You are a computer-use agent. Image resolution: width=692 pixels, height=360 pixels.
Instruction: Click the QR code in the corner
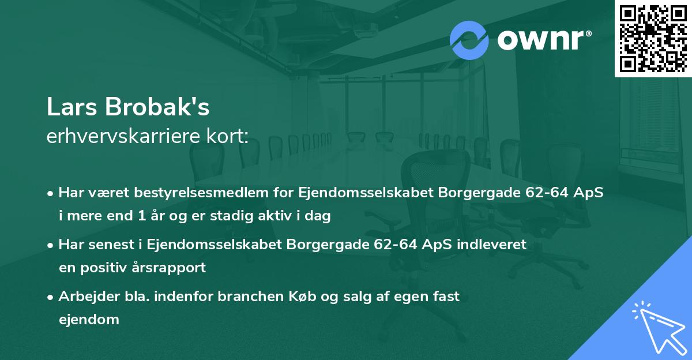click(x=653, y=39)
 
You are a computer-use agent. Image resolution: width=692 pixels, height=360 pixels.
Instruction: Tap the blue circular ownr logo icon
click(x=469, y=40)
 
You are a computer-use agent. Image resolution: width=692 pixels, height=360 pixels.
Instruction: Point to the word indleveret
click(x=492, y=244)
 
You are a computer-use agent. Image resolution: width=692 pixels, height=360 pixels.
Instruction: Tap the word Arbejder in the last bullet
click(x=85, y=296)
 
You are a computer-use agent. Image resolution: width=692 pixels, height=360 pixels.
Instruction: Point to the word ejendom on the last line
click(x=89, y=319)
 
